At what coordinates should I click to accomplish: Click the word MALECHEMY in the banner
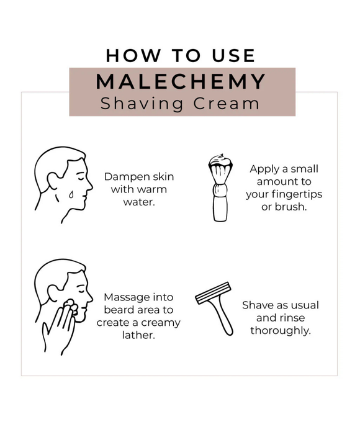click(181, 81)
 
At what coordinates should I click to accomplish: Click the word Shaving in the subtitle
click(142, 104)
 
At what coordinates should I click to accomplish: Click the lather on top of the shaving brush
click(219, 163)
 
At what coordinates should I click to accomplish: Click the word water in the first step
click(140, 202)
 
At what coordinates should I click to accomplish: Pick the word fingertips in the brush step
click(295, 194)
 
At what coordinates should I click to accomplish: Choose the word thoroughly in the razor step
click(281, 330)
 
